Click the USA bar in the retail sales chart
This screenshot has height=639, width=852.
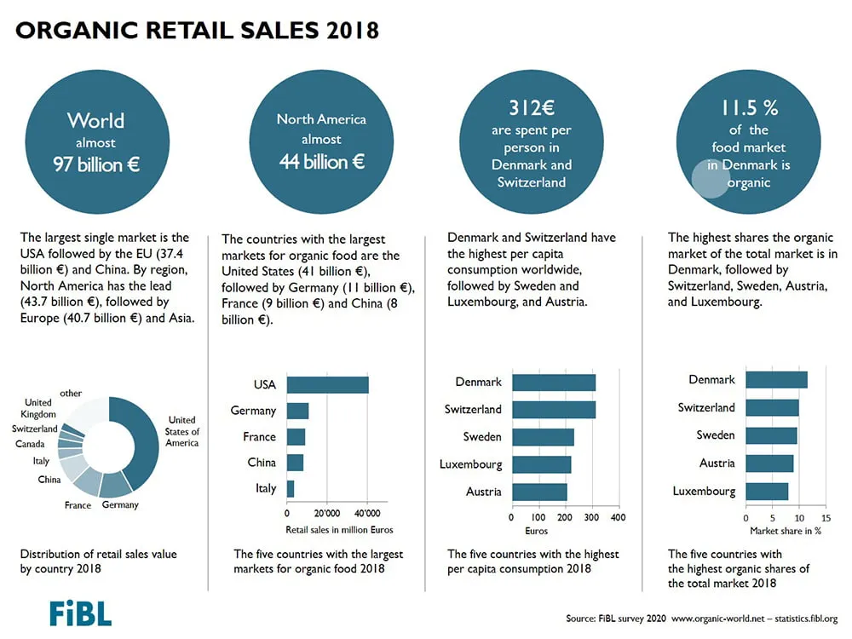pyautogui.click(x=328, y=385)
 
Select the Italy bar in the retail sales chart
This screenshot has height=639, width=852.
pyautogui.click(x=291, y=488)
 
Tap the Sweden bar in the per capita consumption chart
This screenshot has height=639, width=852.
pyautogui.click(x=543, y=437)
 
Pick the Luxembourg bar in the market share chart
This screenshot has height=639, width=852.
pyautogui.click(x=767, y=492)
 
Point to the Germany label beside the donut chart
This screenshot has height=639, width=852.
pyautogui.click(x=120, y=505)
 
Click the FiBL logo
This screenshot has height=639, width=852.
pyautogui.click(x=80, y=613)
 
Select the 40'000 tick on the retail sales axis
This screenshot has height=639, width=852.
pyautogui.click(x=367, y=514)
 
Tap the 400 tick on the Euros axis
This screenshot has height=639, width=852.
pyautogui.click(x=619, y=517)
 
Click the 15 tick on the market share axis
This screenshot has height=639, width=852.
pyautogui.click(x=826, y=518)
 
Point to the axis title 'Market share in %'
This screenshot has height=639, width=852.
pyautogui.click(x=786, y=531)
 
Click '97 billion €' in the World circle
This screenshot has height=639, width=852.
pyautogui.click(x=96, y=164)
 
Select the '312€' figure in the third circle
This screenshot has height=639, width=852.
pyautogui.click(x=532, y=107)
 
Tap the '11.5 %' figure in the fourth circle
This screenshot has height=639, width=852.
pyautogui.click(x=749, y=107)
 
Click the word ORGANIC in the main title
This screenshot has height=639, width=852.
pyautogui.click(x=77, y=30)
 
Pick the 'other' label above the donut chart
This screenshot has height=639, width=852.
pyautogui.click(x=71, y=393)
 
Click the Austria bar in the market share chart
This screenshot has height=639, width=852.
pyautogui.click(x=769, y=463)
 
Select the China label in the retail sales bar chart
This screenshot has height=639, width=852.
pyautogui.click(x=262, y=463)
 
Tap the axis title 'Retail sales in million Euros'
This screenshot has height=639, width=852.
pyautogui.click(x=339, y=530)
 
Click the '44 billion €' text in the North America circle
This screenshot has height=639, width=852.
pyautogui.click(x=322, y=161)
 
